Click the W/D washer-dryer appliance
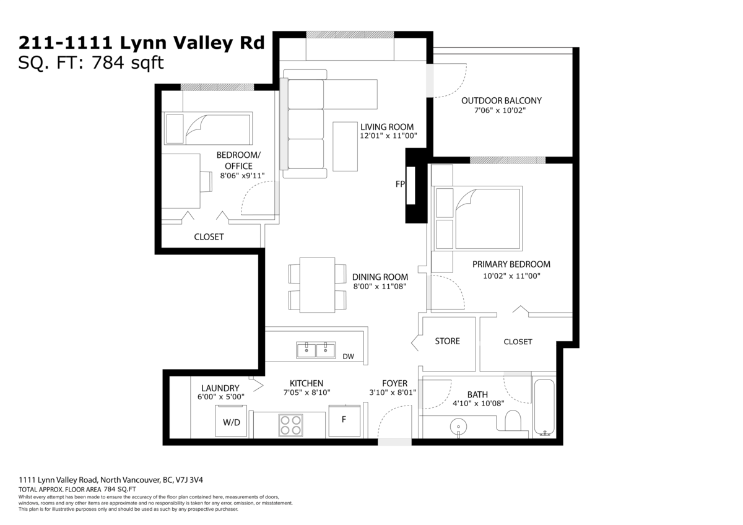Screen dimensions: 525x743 pos(232,422)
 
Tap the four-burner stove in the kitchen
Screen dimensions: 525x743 pos(290,425)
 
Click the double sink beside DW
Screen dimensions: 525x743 pos(316,350)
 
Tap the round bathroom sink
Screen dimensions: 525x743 pos(458,426)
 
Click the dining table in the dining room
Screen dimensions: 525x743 pos(317,284)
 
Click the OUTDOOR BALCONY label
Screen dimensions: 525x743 pos(502,101)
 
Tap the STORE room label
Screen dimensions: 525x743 pos(447,341)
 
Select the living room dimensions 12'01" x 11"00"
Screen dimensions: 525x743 pos(389,136)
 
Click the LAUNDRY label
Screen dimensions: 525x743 pos(220,388)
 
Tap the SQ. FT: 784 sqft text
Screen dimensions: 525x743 pos(91,63)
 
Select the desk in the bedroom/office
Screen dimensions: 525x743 pos(181,181)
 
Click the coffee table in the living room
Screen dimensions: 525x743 pos(345,146)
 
